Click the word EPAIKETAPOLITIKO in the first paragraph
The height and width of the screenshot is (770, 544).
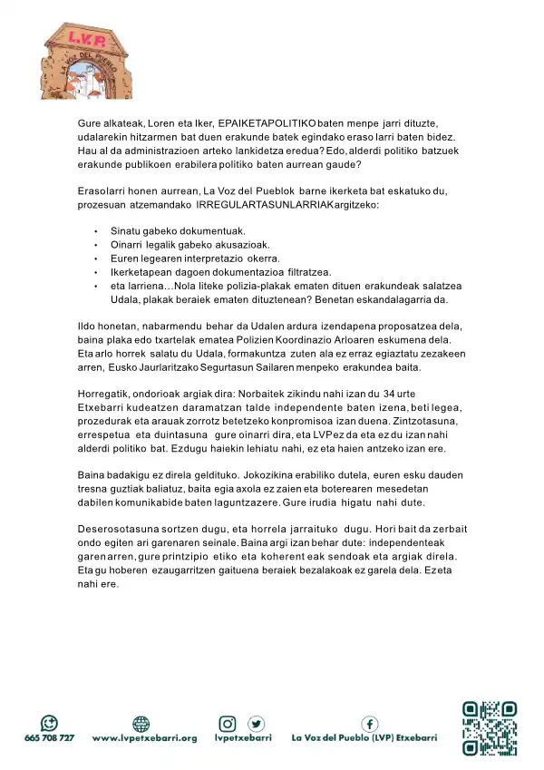coord(267,122)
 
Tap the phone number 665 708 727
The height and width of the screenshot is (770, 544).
coord(49,738)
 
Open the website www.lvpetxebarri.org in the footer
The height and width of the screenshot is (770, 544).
coord(144,738)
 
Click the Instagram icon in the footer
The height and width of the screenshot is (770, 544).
coord(228,723)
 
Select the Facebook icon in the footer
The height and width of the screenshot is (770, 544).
coord(370,723)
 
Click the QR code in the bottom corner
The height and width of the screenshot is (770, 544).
coord(490,726)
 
